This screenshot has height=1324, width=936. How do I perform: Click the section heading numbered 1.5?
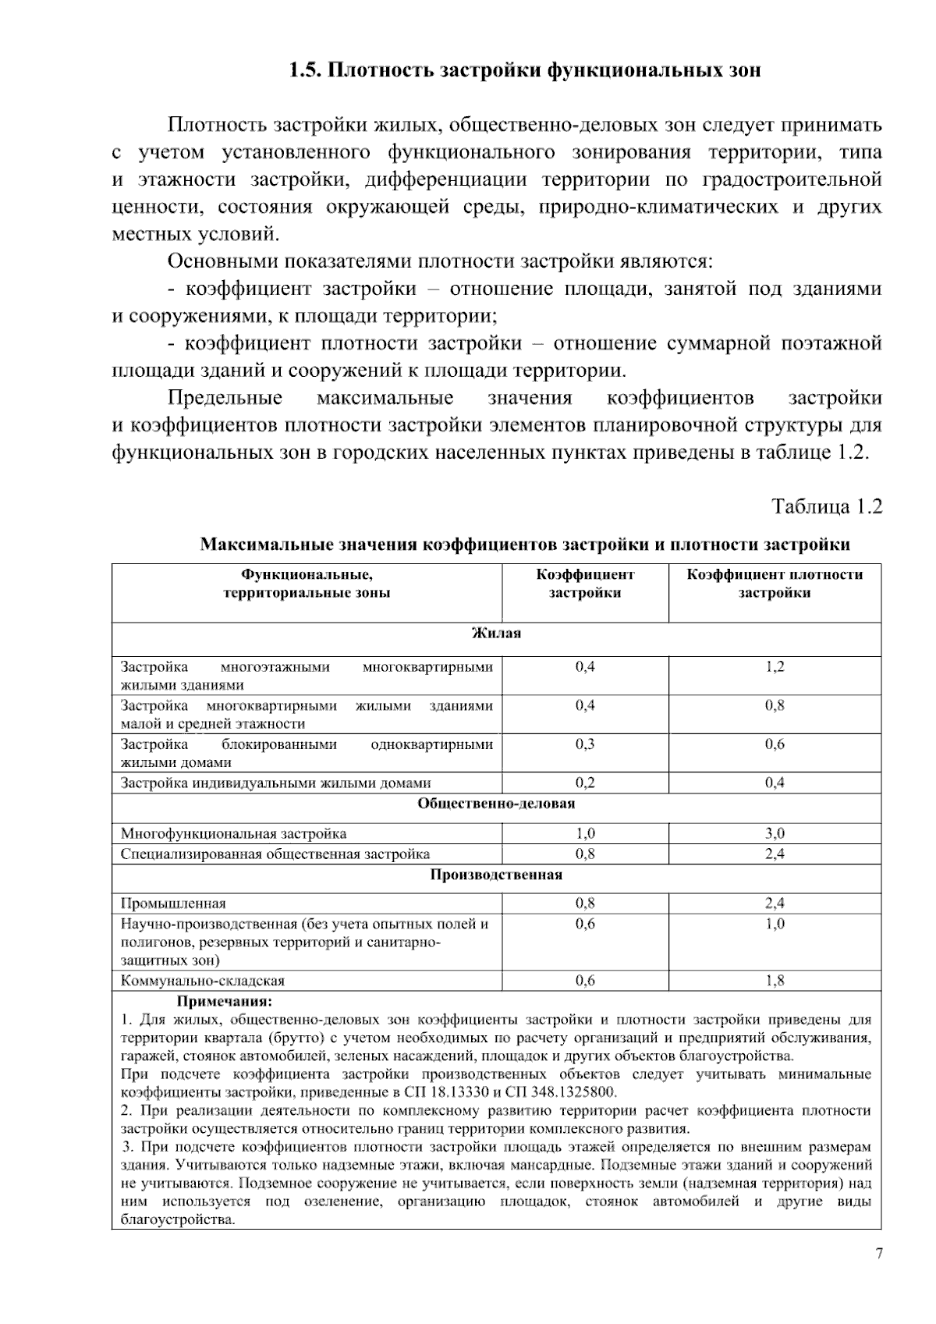tap(524, 71)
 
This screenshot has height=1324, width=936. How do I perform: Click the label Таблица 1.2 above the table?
tap(827, 506)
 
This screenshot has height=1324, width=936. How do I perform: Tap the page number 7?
tap(879, 1254)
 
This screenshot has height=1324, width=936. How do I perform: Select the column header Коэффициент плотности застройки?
tap(775, 584)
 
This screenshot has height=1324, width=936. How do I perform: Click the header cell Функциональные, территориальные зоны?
tap(307, 584)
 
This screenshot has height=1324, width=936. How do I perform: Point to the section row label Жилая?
tap(496, 634)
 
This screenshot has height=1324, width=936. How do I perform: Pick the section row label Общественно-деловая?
tap(496, 803)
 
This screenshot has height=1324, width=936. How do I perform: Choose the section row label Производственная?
tap(496, 875)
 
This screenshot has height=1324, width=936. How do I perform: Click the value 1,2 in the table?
tap(775, 667)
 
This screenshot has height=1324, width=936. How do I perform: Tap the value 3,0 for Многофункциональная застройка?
tap(775, 834)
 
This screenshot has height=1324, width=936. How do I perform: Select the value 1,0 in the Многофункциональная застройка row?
tap(585, 834)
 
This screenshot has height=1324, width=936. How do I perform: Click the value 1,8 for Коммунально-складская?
tap(775, 981)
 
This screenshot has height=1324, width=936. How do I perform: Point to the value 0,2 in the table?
tap(585, 783)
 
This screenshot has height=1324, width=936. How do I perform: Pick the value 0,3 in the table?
tap(585, 744)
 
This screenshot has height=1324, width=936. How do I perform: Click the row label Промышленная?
tap(173, 903)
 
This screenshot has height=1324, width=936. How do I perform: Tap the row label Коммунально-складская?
tap(203, 981)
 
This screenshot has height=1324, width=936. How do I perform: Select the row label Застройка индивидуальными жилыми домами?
tap(275, 783)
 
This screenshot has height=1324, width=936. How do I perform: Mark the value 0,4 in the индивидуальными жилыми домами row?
tap(775, 783)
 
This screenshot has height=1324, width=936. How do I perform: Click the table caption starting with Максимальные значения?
tap(525, 545)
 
